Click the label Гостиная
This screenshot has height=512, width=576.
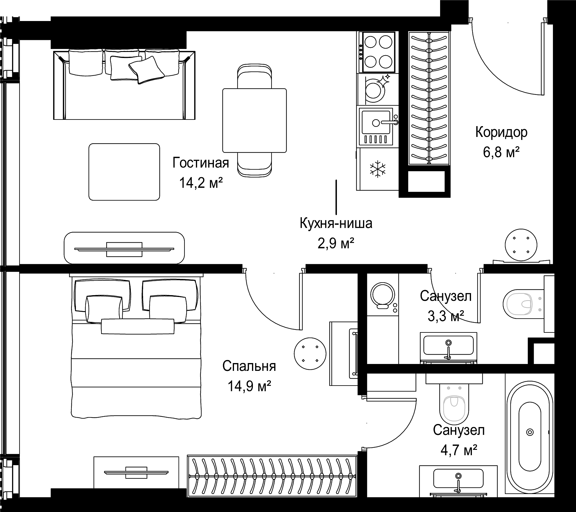(x=201, y=163)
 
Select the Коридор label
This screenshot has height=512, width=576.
(x=501, y=132)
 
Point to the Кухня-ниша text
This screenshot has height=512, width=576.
(x=336, y=224)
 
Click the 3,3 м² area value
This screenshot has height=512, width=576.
(x=446, y=316)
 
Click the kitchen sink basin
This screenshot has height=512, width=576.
(x=376, y=123)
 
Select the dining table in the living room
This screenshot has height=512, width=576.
(x=254, y=120)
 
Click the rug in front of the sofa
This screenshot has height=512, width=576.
(x=124, y=172)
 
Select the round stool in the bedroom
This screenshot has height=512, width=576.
(x=310, y=353)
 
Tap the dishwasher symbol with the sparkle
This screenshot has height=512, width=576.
(x=377, y=89)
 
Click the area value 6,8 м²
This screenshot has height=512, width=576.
(x=501, y=152)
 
